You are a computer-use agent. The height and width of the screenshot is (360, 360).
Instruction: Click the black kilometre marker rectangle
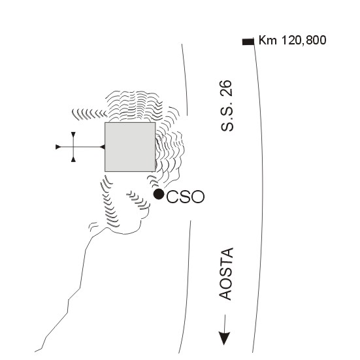point(248,42)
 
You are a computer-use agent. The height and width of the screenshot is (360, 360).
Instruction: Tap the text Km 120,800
point(292,40)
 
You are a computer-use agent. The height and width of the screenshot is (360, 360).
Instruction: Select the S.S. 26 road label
point(227,106)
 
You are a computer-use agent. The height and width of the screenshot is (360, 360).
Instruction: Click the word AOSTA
point(226,274)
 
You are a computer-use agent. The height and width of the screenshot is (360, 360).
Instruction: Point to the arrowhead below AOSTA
point(224,338)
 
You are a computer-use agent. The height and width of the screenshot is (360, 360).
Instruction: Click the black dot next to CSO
point(159,194)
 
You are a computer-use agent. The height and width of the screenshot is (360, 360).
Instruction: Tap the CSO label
point(185,197)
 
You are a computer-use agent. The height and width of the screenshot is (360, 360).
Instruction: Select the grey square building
point(130,147)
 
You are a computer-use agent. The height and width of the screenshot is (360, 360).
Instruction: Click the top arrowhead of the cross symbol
point(73,135)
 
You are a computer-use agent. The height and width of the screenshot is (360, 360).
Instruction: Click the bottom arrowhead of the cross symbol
point(73,159)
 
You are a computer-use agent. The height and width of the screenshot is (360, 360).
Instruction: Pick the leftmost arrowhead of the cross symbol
point(58,147)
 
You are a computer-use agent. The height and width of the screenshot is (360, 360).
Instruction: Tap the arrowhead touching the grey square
point(103,147)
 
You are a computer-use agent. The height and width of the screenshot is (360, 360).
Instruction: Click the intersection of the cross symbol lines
point(73,147)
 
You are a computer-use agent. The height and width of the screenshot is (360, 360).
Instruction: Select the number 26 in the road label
point(227,88)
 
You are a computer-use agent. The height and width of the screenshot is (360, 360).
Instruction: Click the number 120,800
point(304,41)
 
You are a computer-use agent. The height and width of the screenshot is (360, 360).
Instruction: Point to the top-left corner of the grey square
point(105,122)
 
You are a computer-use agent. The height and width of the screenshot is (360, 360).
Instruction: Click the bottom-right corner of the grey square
point(155,171)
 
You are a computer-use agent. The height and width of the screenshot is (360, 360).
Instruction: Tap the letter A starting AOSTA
point(227,294)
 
